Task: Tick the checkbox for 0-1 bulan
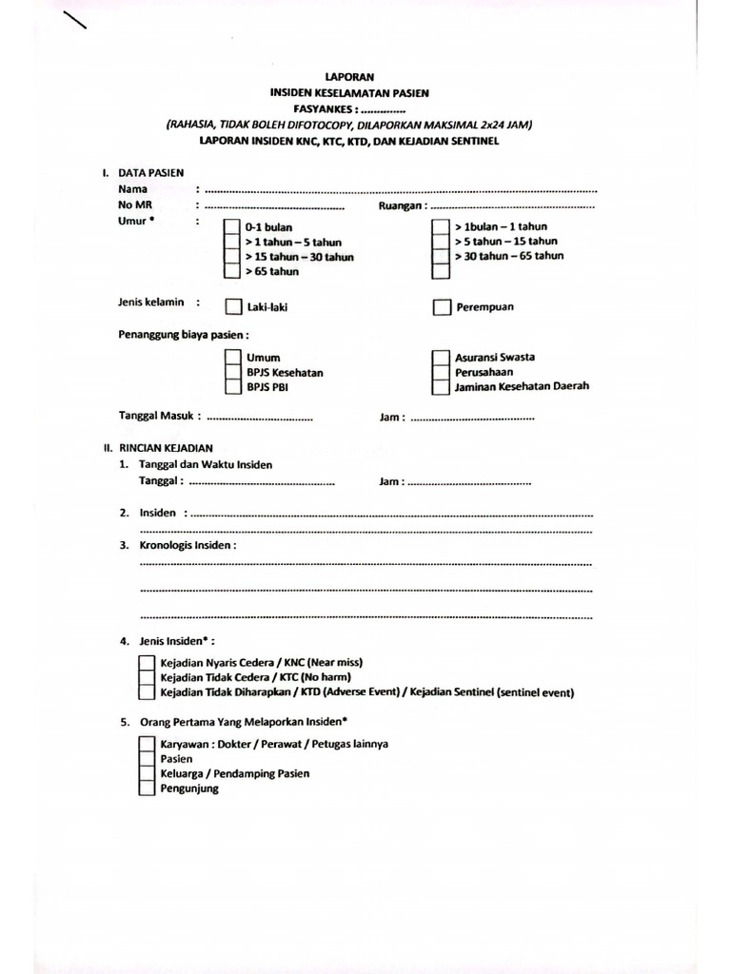click(231, 228)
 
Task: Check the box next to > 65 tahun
click(231, 271)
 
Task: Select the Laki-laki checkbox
click(232, 307)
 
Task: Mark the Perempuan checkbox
click(441, 307)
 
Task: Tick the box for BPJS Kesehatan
click(232, 373)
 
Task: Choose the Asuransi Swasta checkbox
click(441, 358)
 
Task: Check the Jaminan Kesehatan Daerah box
click(441, 387)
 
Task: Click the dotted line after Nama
click(400, 190)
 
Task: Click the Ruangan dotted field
click(512, 205)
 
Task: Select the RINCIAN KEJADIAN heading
click(165, 447)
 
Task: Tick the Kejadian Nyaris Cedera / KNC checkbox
click(146, 662)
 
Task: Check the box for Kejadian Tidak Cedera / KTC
click(146, 677)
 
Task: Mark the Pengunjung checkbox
click(146, 789)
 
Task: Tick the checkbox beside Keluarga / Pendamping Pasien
click(146, 773)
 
